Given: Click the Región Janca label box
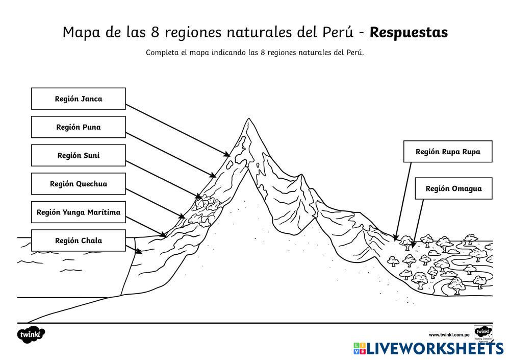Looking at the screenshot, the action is (x=78, y=99).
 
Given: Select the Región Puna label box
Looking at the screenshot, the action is (x=78, y=127).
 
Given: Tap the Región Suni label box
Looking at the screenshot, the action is (x=78, y=155).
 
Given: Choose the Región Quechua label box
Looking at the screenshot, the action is (x=78, y=184).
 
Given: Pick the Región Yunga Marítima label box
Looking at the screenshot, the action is (x=78, y=212).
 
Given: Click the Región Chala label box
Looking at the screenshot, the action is (x=78, y=240).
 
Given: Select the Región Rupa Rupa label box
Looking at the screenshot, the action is (x=447, y=152).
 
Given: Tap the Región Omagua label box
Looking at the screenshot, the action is (x=453, y=188).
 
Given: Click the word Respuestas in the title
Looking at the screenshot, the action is (x=409, y=32).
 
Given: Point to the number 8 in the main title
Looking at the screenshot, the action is (x=156, y=32).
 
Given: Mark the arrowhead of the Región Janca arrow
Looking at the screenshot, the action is (x=228, y=154).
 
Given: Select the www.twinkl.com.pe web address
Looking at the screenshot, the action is (x=449, y=334).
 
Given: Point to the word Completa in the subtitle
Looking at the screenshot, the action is (x=161, y=52).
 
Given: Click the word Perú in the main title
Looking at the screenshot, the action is (x=339, y=32).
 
